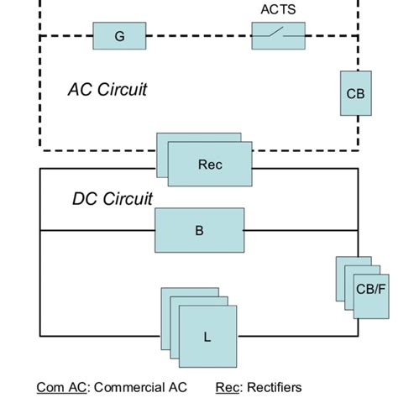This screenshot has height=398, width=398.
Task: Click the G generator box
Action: (x=118, y=36)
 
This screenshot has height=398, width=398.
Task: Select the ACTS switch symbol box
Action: (x=279, y=34)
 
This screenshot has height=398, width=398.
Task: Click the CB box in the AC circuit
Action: (x=355, y=94)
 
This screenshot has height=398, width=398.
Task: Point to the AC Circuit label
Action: (x=107, y=89)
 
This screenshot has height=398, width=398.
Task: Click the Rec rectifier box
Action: (x=209, y=164)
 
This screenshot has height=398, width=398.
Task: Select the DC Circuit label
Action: (x=112, y=200)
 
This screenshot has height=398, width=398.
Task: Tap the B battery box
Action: (x=198, y=230)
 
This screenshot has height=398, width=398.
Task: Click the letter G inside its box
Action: (x=118, y=36)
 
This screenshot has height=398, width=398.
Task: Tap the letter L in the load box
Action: (x=207, y=338)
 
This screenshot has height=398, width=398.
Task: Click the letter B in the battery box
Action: (x=198, y=230)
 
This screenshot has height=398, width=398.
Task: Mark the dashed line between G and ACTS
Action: (x=200, y=36)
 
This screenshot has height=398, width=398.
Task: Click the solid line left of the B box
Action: (x=97, y=230)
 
